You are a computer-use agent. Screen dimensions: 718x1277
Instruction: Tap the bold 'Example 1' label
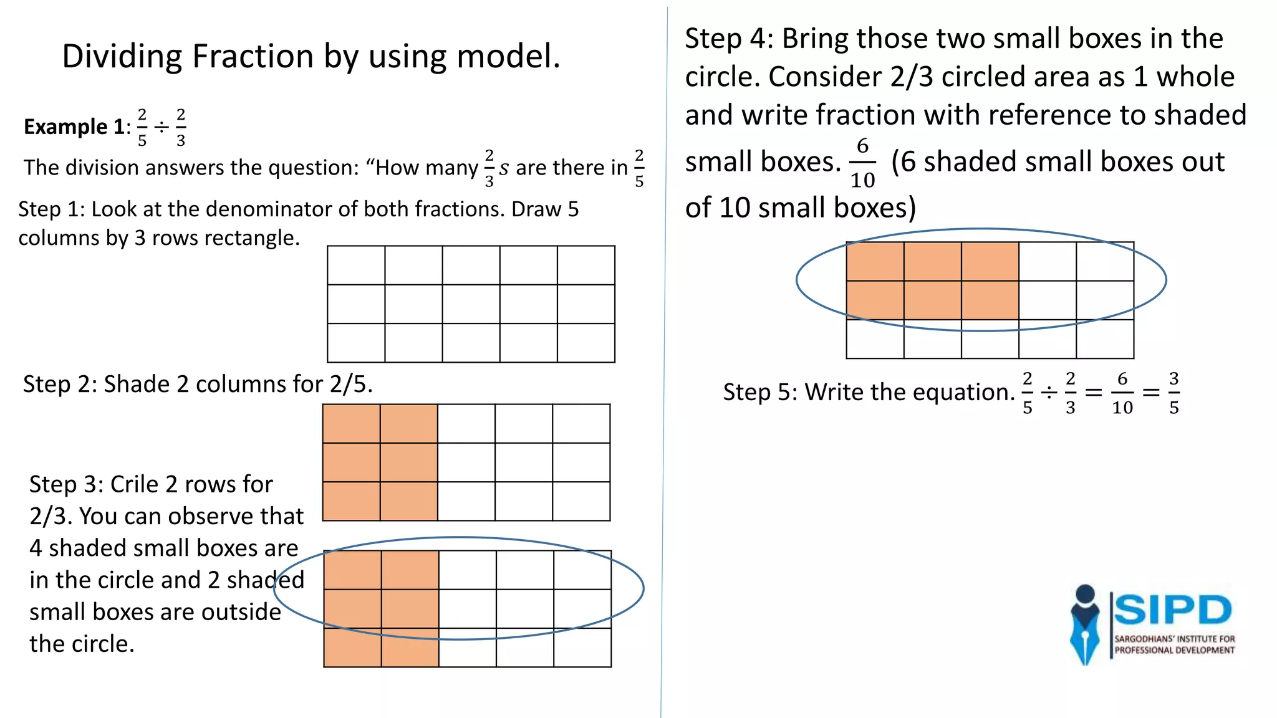pyautogui.click(x=74, y=127)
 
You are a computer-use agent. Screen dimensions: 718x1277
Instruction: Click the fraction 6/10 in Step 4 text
pyautogui.click(x=862, y=162)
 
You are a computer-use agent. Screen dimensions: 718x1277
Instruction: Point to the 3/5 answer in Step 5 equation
pyautogui.click(x=1173, y=393)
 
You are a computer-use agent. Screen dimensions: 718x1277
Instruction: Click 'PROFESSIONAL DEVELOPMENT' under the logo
pyautogui.click(x=1174, y=650)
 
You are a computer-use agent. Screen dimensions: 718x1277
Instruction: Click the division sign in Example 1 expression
pyautogui.click(x=161, y=128)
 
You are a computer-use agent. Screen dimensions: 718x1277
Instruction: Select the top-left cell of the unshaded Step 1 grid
pyautogui.click(x=356, y=265)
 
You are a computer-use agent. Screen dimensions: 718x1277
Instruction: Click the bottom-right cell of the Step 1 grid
pyautogui.click(x=586, y=343)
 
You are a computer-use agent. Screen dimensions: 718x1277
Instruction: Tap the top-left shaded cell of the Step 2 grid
pyautogui.click(x=351, y=423)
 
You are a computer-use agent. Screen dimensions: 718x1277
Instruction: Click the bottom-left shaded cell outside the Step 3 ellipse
pyautogui.click(x=352, y=648)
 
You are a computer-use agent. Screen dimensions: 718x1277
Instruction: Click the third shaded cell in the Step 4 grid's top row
pyautogui.click(x=990, y=261)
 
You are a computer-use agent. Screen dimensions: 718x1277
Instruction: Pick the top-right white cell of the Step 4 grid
pyautogui.click(x=1105, y=261)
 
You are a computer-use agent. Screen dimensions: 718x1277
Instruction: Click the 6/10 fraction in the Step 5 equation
pyautogui.click(x=1122, y=393)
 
